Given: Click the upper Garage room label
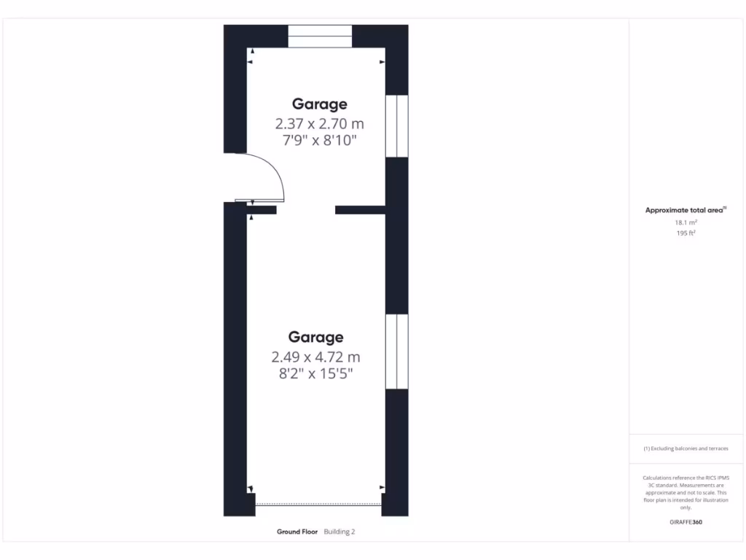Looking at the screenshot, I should click(320, 104).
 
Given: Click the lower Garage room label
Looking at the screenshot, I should click(315, 338).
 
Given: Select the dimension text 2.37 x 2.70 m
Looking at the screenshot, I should click(320, 123).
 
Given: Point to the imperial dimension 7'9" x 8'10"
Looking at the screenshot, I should click(320, 140).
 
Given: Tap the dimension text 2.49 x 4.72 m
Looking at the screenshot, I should click(315, 357).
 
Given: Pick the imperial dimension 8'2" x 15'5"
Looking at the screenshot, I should click(315, 374).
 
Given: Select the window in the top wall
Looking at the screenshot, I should click(320, 36).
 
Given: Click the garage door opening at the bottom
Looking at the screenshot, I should click(319, 504).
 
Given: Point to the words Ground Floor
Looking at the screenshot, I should click(297, 532).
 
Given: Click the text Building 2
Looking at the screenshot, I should click(339, 532).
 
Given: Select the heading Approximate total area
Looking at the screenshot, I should click(686, 210).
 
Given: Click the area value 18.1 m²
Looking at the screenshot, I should click(686, 222).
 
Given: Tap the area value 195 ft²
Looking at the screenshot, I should click(686, 233).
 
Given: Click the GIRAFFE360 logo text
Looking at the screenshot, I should click(686, 522).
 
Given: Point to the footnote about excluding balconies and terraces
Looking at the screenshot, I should click(686, 448).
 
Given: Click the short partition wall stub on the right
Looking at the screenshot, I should click(359, 210).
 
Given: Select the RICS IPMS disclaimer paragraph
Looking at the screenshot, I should click(686, 492).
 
